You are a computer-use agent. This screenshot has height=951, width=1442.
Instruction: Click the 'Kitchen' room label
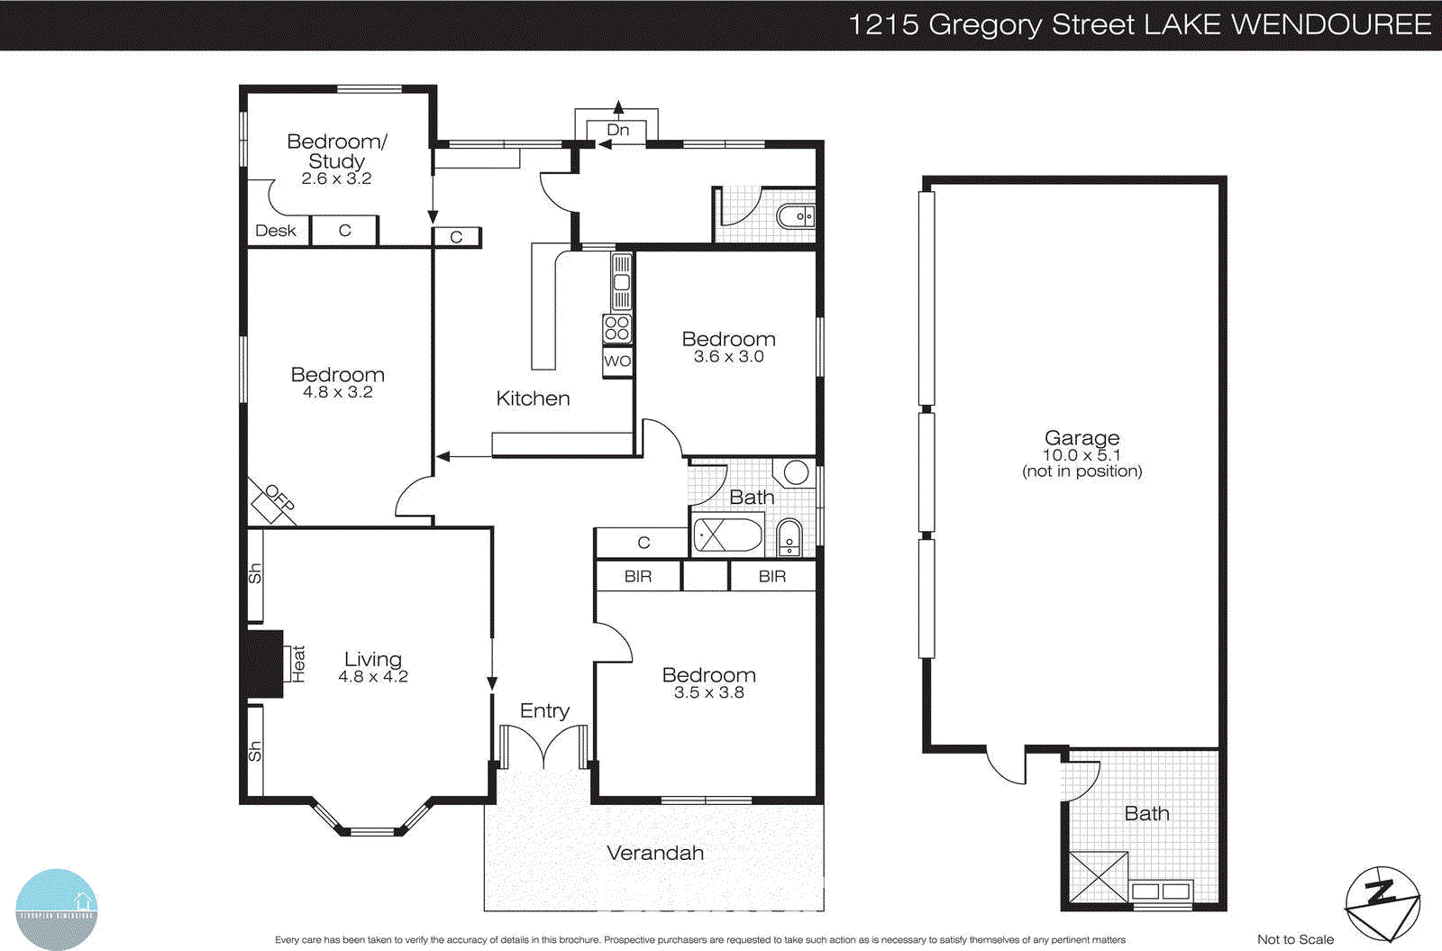tap(533, 398)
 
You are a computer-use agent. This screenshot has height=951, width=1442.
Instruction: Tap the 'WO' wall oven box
tap(617, 361)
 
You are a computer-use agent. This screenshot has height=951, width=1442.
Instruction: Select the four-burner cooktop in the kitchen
tap(617, 328)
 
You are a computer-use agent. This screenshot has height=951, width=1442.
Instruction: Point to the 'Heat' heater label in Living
tap(298, 663)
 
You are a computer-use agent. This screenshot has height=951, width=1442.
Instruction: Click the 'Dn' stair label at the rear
tap(618, 130)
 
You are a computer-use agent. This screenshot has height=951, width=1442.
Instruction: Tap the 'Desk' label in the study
tap(276, 231)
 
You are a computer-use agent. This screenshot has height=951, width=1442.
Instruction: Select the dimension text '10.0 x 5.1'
tap(1081, 455)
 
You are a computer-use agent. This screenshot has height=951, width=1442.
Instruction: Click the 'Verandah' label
tap(655, 853)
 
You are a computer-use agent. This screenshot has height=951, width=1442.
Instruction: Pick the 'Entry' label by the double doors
tap(544, 710)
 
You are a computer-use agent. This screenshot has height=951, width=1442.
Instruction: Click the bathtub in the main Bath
tap(727, 535)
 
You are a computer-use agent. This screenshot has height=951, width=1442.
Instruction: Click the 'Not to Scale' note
tap(1295, 939)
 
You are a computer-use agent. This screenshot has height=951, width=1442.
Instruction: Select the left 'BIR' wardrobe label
tap(638, 576)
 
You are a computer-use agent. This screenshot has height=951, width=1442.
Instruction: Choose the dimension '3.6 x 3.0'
tap(728, 357)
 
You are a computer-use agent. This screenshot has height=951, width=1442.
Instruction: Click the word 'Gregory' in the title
tap(986, 24)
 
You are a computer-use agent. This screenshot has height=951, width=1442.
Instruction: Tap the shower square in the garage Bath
tap(1098, 877)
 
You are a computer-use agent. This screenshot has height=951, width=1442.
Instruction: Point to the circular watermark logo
tap(57, 909)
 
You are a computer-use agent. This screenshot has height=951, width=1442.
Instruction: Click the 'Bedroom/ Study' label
tap(336, 151)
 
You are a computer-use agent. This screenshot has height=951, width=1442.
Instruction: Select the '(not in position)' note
tap(1081, 471)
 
